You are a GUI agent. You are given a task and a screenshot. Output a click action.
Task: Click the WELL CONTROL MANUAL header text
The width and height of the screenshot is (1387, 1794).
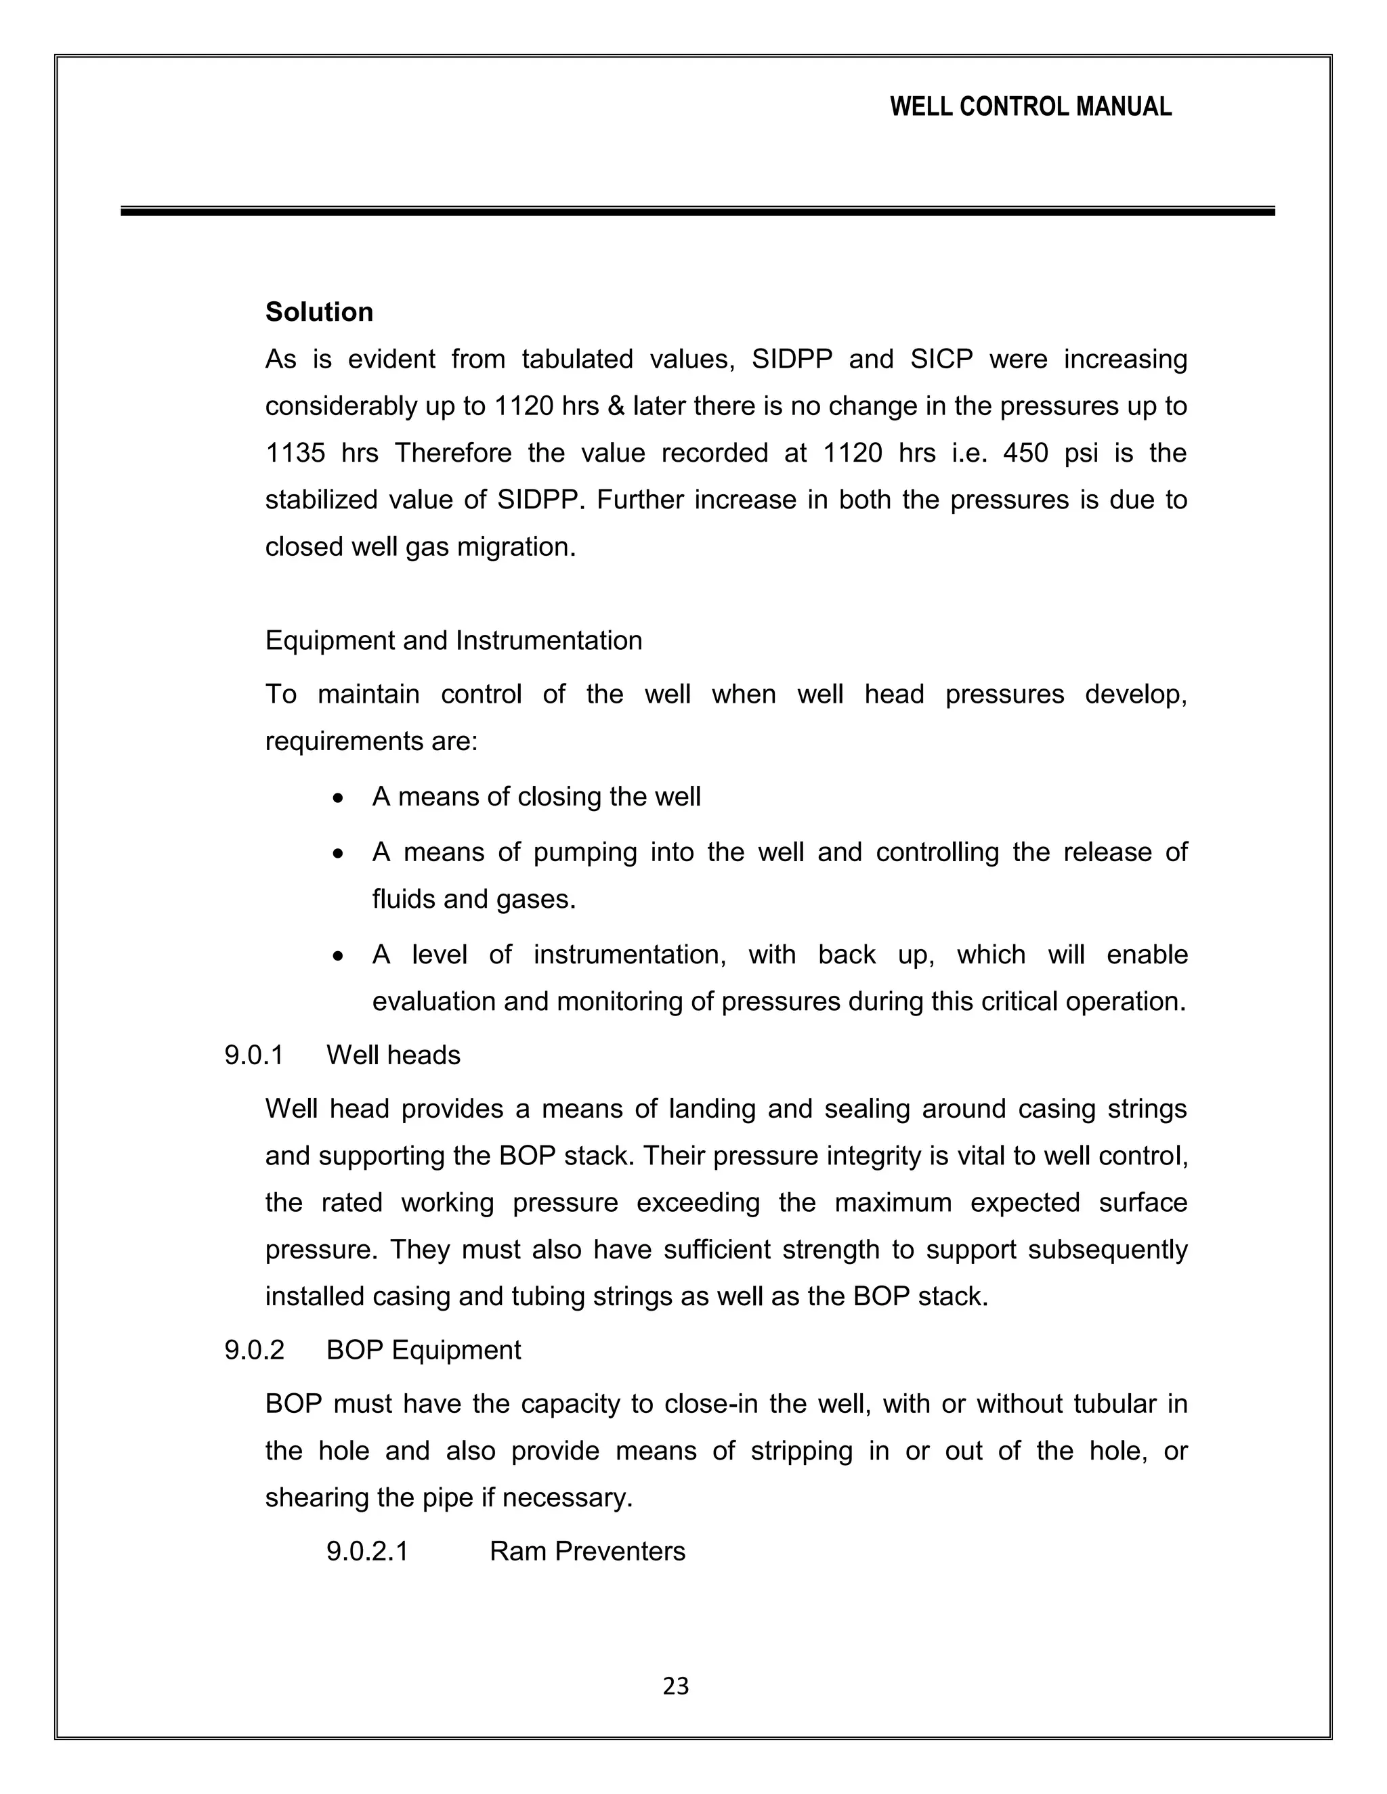(x=1030, y=107)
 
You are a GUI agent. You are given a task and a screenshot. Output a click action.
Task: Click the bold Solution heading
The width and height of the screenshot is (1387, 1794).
(x=319, y=312)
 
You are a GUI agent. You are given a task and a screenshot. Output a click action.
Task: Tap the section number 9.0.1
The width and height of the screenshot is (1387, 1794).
(x=254, y=1055)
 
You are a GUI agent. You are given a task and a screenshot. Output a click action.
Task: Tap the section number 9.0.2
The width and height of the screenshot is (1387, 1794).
(x=254, y=1351)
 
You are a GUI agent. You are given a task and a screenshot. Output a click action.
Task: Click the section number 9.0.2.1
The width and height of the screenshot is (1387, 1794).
(x=367, y=1552)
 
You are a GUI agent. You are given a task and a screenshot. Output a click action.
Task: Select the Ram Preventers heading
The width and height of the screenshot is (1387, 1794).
(x=586, y=1552)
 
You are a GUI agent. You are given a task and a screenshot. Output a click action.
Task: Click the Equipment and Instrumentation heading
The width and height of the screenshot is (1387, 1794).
(x=454, y=640)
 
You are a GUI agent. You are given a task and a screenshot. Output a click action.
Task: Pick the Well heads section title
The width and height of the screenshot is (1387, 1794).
(x=393, y=1055)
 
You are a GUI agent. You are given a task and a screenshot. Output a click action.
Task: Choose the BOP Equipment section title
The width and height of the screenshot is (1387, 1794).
(x=423, y=1351)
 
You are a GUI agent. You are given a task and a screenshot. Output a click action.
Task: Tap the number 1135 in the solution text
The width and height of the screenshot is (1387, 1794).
(x=296, y=454)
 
